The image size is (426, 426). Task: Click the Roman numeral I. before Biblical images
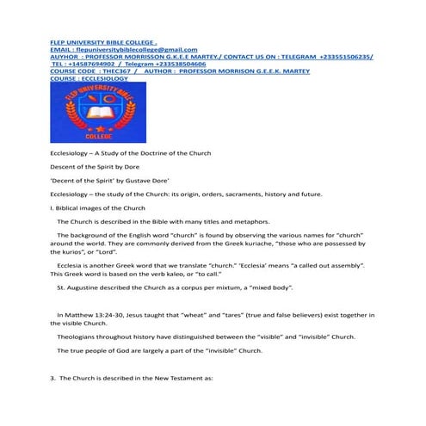52,208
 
